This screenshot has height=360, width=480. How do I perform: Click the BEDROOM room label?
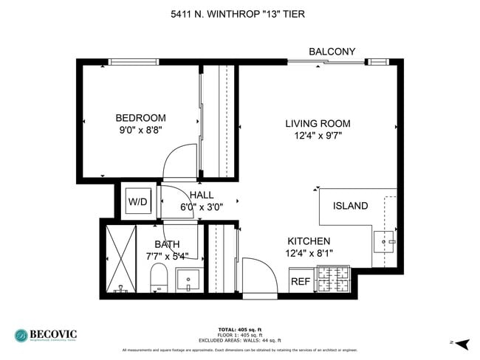click(x=140, y=118)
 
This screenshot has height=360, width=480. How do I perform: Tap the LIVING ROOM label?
click(x=318, y=123)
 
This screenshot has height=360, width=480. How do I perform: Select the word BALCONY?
click(x=332, y=52)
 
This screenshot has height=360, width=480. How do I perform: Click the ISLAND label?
click(x=350, y=206)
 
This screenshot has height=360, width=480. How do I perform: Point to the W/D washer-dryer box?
click(x=137, y=201)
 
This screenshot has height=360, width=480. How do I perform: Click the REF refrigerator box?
click(x=300, y=281)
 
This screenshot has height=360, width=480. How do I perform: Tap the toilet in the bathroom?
click(x=159, y=278)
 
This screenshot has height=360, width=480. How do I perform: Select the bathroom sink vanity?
click(x=188, y=281)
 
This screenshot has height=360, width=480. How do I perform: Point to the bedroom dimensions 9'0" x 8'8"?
click(x=140, y=130)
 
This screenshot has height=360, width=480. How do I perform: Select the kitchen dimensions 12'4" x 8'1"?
click(x=309, y=253)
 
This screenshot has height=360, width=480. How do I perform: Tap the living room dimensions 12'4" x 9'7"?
click(x=318, y=135)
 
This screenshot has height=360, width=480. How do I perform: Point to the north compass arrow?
click(x=462, y=343)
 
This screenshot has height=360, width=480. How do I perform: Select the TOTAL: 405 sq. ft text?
click(x=239, y=328)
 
